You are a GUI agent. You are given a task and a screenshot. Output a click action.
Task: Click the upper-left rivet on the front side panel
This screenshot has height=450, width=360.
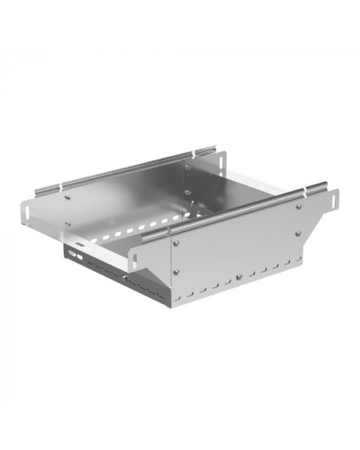(x=177, y=240)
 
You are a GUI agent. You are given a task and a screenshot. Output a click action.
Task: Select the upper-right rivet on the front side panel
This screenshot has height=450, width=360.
(x=298, y=206)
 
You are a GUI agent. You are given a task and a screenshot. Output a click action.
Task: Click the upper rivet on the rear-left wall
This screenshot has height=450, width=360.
(x=67, y=199)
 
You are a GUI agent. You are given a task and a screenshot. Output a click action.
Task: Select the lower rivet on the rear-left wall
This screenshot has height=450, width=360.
(x=67, y=222)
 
